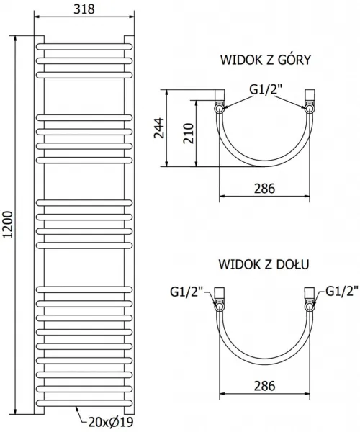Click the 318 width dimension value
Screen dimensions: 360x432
84,9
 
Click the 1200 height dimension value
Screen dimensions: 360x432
8,224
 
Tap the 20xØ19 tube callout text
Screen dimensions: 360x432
111,421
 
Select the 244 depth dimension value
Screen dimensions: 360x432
158,128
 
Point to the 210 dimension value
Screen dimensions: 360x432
189,133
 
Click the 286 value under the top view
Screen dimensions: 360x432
264,189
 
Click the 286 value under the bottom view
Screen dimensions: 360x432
264,386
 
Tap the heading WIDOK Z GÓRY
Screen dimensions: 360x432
266,60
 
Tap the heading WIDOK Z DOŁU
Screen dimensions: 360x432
264,264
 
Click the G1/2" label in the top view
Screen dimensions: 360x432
266,89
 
